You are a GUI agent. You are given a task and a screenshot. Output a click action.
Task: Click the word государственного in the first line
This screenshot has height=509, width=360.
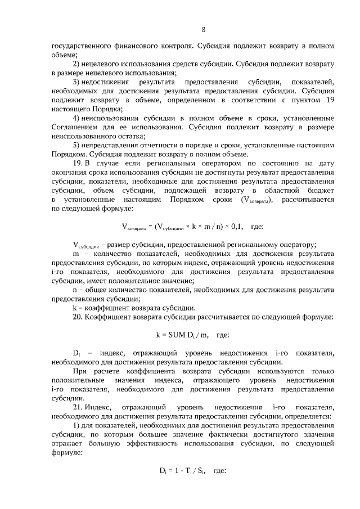(81, 46)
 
